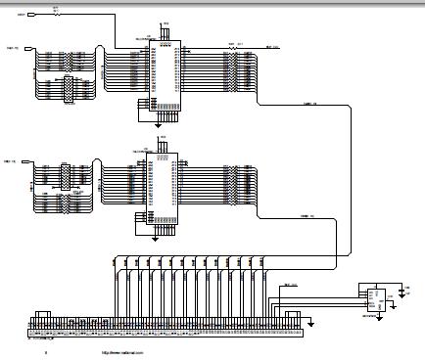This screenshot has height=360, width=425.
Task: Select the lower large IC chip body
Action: coord(163,186)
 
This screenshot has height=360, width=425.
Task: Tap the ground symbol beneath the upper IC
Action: coord(159,124)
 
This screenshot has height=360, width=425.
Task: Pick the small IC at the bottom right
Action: coord(371,294)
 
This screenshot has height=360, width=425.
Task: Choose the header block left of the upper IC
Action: coord(67,88)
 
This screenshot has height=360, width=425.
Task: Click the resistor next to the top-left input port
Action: coord(55,14)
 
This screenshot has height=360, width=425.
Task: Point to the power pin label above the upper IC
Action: coord(165,24)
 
